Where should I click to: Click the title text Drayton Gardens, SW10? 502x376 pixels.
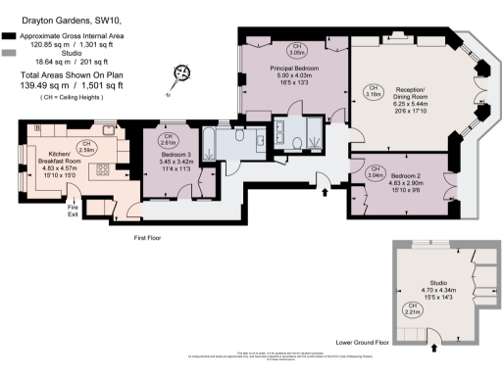(x=50, y=21)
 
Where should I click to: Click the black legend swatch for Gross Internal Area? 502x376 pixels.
(x=8, y=34)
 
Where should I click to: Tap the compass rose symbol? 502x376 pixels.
(x=180, y=72)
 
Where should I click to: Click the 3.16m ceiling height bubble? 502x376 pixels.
(x=373, y=92)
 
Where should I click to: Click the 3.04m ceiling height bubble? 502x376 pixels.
(x=374, y=175)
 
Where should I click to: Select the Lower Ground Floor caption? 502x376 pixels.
(x=363, y=344)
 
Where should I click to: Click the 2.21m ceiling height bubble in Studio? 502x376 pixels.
(x=413, y=310)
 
